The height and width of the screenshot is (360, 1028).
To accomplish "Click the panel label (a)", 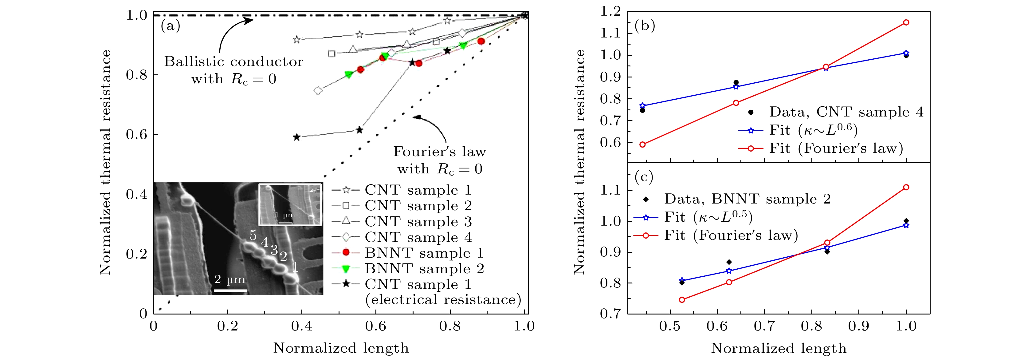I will point(171,26).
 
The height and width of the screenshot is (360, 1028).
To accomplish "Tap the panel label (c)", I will point(644,177).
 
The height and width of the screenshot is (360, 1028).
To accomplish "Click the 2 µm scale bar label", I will point(230,279).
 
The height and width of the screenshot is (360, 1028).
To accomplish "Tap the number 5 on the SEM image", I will point(253,235).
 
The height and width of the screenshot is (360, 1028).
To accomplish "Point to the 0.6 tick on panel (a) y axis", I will point(137,135).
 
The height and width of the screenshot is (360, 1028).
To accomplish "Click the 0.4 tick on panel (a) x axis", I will point(302,326).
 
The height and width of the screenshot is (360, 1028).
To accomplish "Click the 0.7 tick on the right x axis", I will point(764,326).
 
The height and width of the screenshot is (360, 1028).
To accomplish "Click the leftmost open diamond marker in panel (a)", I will point(318,91).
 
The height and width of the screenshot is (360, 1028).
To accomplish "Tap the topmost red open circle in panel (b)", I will point(906,22).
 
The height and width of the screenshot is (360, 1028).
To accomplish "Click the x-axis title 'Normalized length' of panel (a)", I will point(341,348).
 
